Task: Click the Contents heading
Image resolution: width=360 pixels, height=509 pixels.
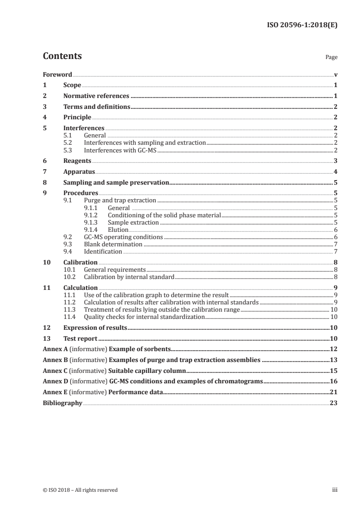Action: pyautogui.click(x=62, y=57)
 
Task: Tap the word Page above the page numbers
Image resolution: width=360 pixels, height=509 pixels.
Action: pyautogui.click(x=331, y=58)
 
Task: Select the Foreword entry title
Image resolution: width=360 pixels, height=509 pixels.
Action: pyautogui.click(x=58, y=74)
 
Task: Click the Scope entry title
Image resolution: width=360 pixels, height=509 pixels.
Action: pyautogui.click(x=72, y=85)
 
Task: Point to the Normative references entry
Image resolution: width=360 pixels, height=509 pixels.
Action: pyautogui.click(x=96, y=96)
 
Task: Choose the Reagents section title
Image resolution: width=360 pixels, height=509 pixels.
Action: pyautogui.click(x=77, y=161)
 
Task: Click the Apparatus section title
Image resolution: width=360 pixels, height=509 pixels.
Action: pyautogui.click(x=79, y=172)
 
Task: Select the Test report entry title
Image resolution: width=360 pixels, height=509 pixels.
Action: pyautogui.click(x=81, y=338)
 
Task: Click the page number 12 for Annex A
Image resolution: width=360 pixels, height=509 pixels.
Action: pyautogui.click(x=334, y=349)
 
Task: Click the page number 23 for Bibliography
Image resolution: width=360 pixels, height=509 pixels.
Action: pyautogui.click(x=334, y=403)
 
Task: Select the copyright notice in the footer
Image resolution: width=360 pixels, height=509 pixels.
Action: pyautogui.click(x=80, y=490)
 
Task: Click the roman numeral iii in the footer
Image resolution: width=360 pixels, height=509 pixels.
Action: pyautogui.click(x=335, y=490)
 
